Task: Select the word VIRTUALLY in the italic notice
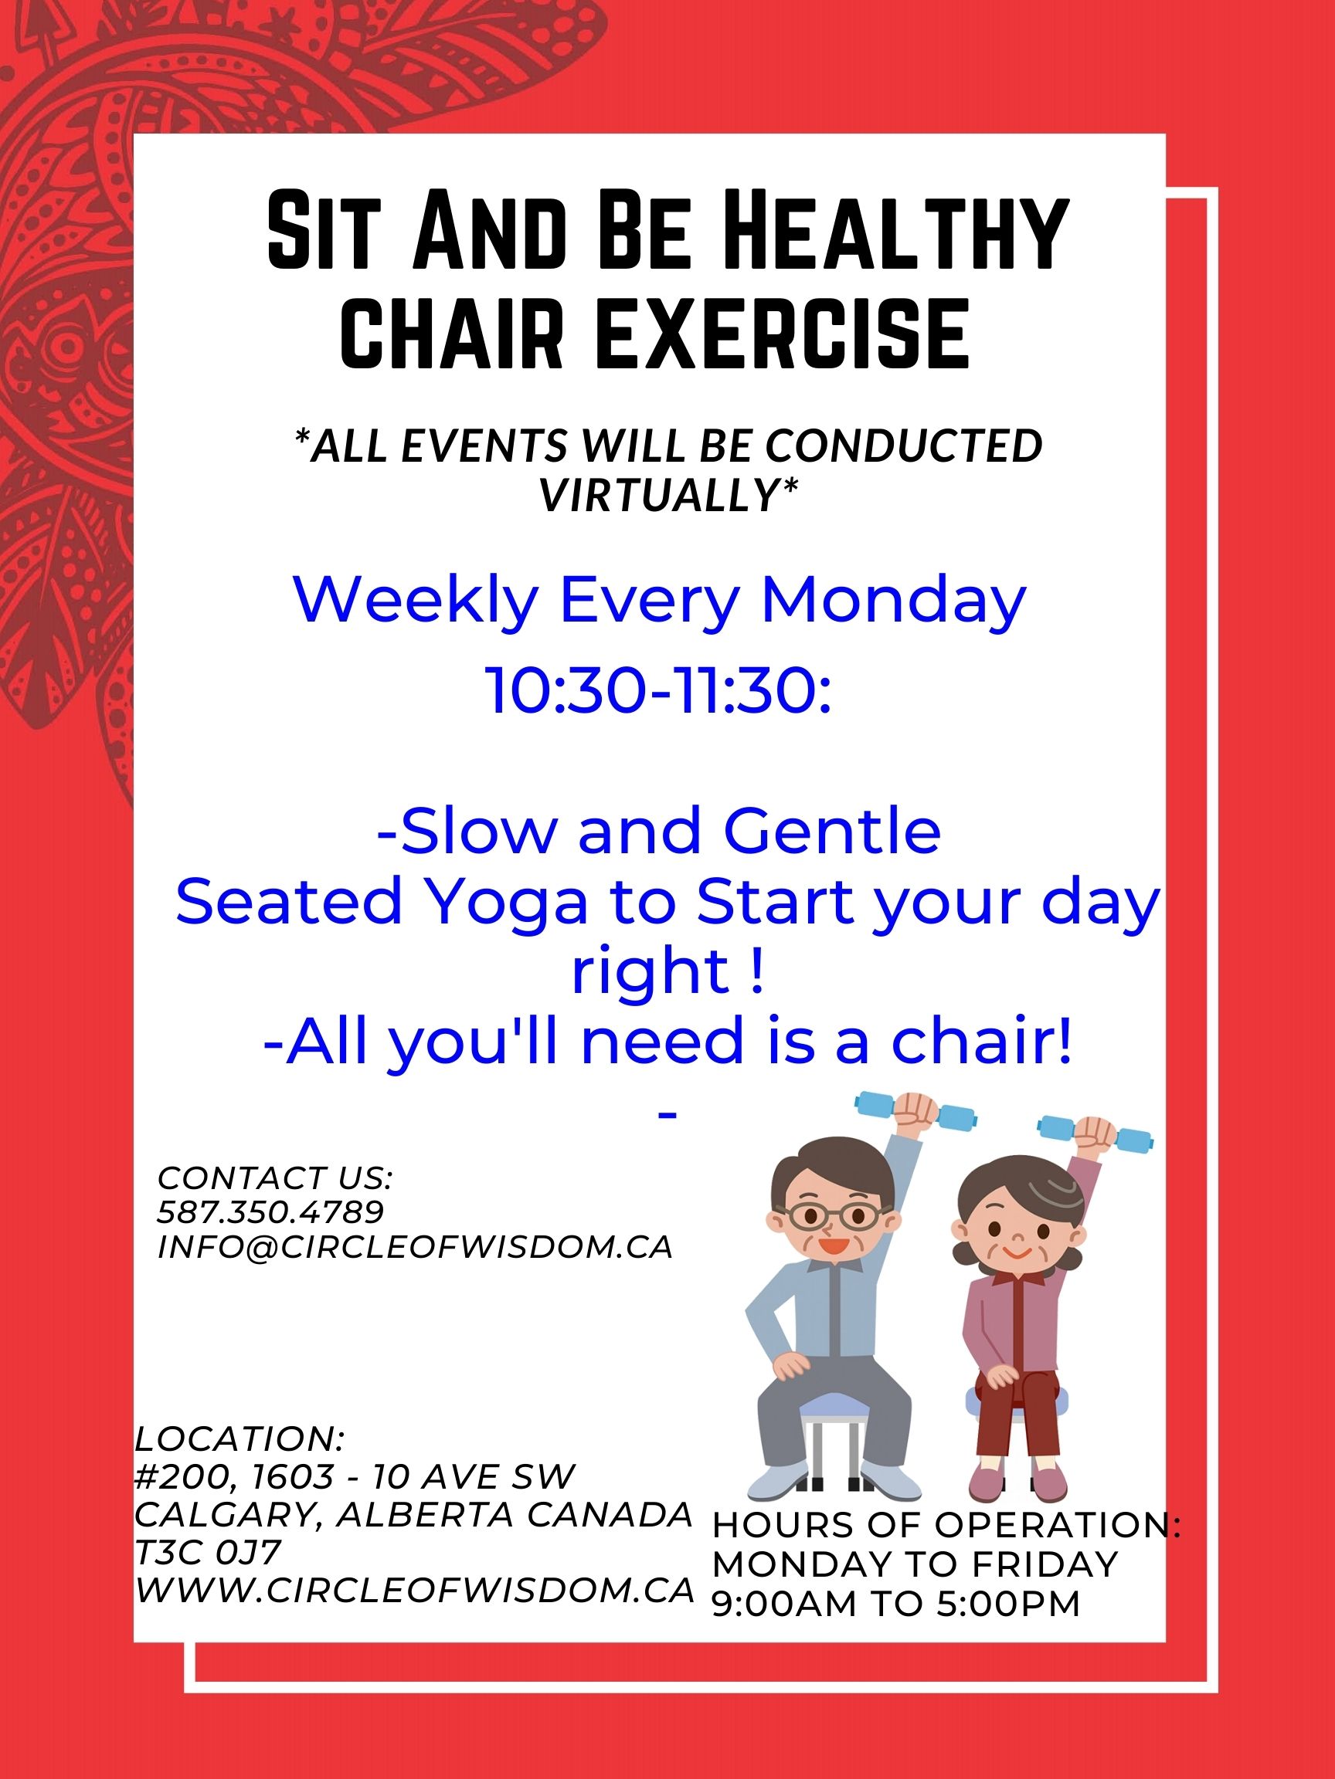point(669,493)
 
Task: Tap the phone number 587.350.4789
point(270,1211)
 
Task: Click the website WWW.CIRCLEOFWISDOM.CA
point(414,1590)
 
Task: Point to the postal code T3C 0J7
point(208,1552)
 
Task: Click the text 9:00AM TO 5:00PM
point(895,1603)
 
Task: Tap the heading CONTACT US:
point(275,1178)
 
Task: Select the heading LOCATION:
point(239,1438)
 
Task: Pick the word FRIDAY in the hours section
point(1045,1564)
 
